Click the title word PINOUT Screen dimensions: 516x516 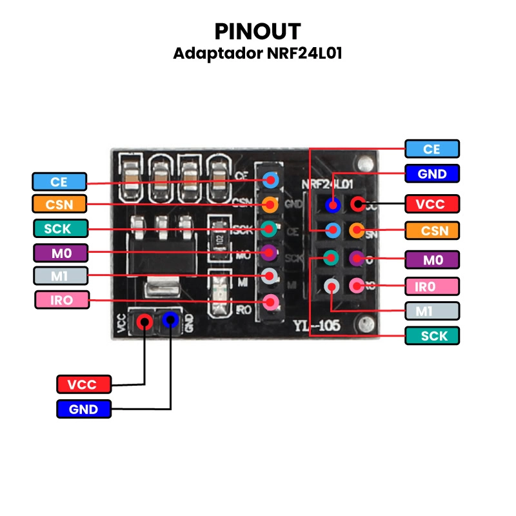tap(257, 31)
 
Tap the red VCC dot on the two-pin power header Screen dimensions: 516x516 tap(145, 320)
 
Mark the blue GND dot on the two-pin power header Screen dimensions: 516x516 tap(170, 319)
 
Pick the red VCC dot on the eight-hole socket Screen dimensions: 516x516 tap(357, 204)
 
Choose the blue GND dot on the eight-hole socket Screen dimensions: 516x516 tap(333, 205)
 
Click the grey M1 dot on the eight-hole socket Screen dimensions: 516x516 tap(332, 284)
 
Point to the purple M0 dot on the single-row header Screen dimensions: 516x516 tap(271, 251)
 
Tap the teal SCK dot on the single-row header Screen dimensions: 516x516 tap(271, 228)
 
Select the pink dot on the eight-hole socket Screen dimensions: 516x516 tap(356, 284)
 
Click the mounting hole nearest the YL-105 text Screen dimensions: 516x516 tap(368, 323)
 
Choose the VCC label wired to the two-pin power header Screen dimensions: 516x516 tap(84, 384)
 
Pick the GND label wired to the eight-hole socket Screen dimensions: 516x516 tap(432, 174)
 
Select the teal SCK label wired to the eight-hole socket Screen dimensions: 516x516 tap(432, 335)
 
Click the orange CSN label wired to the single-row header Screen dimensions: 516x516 tap(59, 204)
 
